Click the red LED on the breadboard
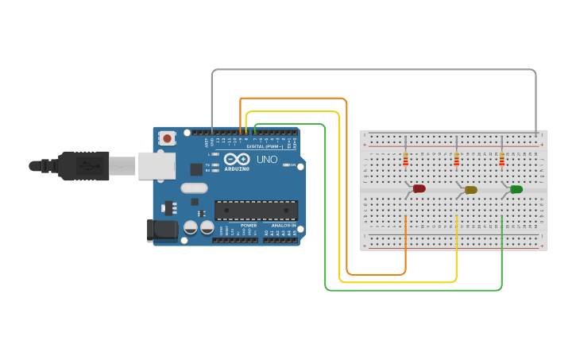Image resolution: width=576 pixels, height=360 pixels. coord(419,188)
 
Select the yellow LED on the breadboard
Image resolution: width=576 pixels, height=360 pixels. coord(471,190)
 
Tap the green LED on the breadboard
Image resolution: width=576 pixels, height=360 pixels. coord(516,189)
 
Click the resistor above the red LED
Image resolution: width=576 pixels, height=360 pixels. coord(406,160)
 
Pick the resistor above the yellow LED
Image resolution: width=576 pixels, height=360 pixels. coord(456,160)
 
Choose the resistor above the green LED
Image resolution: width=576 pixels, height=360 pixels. coord(501,160)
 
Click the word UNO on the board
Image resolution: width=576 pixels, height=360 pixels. coord(268,160)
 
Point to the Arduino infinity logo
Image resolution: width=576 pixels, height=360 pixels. coord(237,158)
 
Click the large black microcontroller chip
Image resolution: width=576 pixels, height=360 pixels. coord(256,210)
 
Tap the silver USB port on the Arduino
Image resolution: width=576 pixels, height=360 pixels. coord(157,166)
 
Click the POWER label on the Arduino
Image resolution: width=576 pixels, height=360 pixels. coord(249,226)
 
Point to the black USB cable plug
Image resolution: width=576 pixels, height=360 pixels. coord(83,166)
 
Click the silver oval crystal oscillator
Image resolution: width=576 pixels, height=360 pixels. coord(194,188)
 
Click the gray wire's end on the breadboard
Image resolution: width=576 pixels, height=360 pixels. coord(536,134)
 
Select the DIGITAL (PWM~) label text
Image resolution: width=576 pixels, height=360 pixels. coord(264,147)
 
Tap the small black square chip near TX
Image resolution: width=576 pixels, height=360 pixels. coord(196,169)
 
